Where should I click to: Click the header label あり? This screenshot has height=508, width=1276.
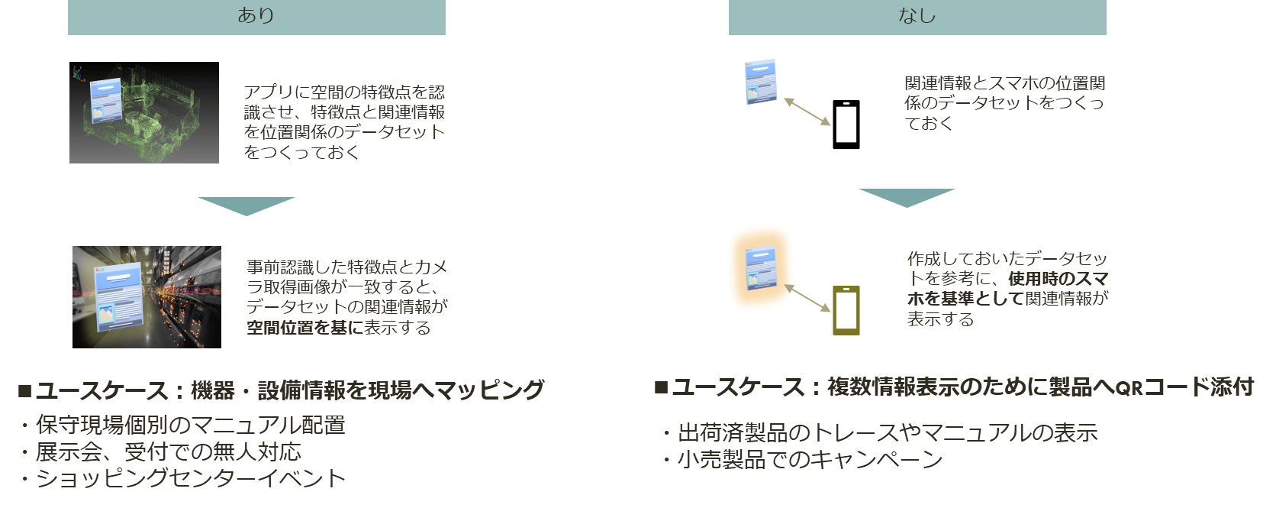point(256,15)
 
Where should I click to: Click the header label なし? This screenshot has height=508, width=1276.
point(917,15)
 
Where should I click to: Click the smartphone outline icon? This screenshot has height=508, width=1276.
point(846,310)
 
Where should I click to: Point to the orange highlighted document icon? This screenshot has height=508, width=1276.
point(759,268)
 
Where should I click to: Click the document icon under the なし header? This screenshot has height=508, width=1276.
point(760,82)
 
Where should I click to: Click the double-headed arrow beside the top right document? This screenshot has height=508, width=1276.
point(807,112)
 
